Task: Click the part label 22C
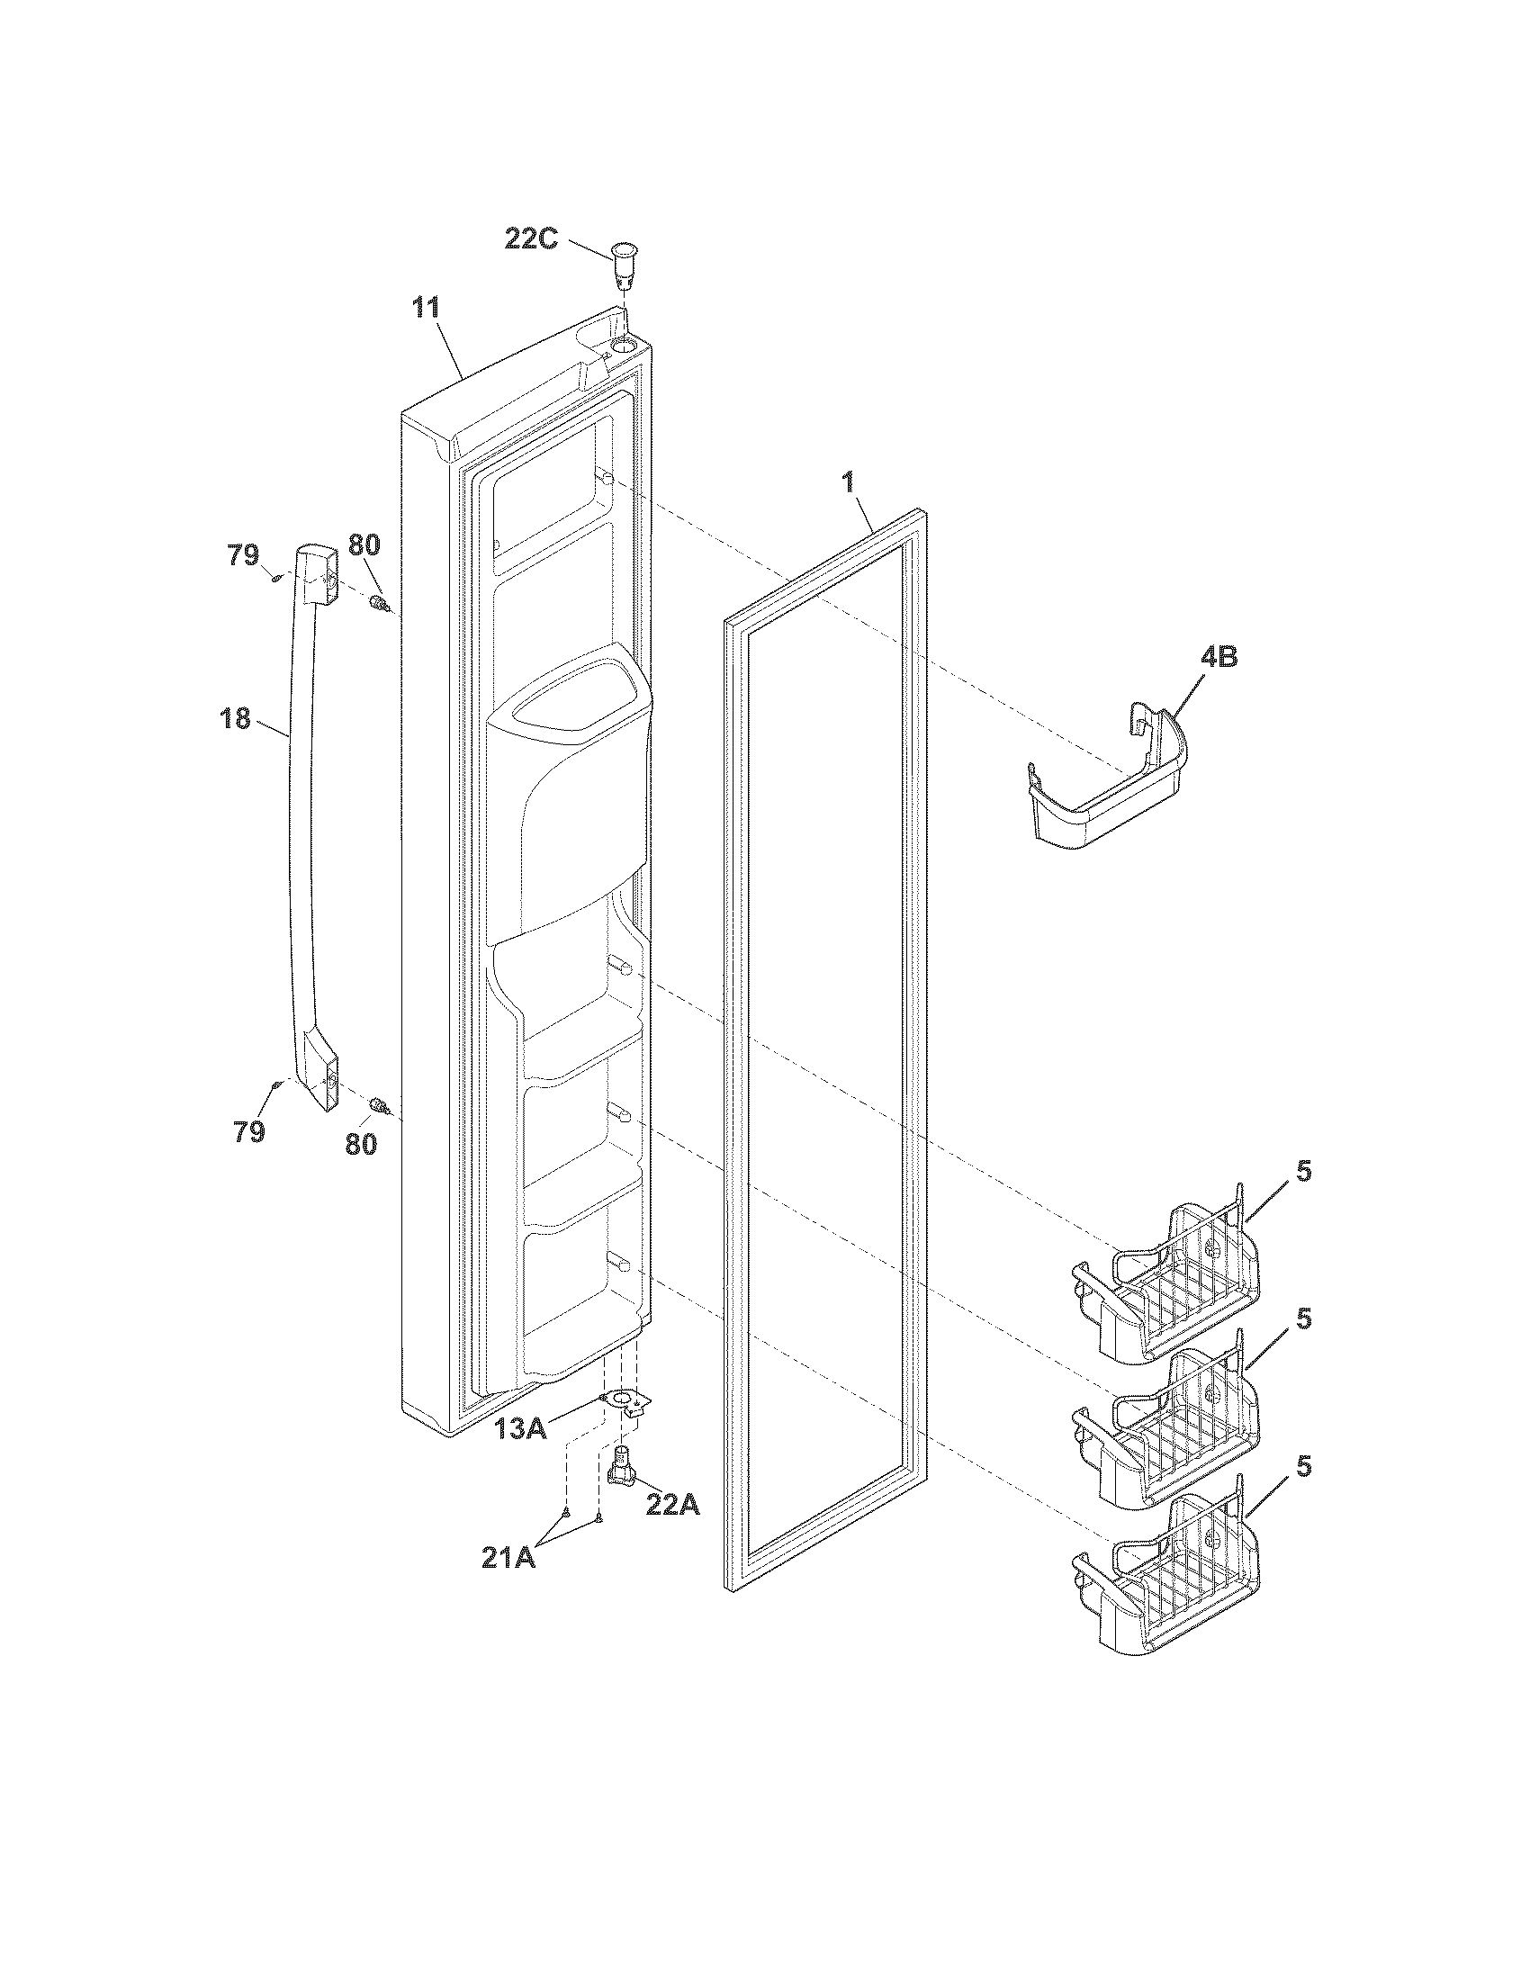click(x=532, y=241)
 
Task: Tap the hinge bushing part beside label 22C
click(x=622, y=264)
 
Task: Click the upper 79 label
click(x=243, y=554)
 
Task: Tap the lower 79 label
click(x=249, y=1131)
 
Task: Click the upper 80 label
click(x=364, y=545)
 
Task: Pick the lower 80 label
click(x=361, y=1144)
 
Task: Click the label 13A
click(x=520, y=1430)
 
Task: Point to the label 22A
click(x=672, y=1504)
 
